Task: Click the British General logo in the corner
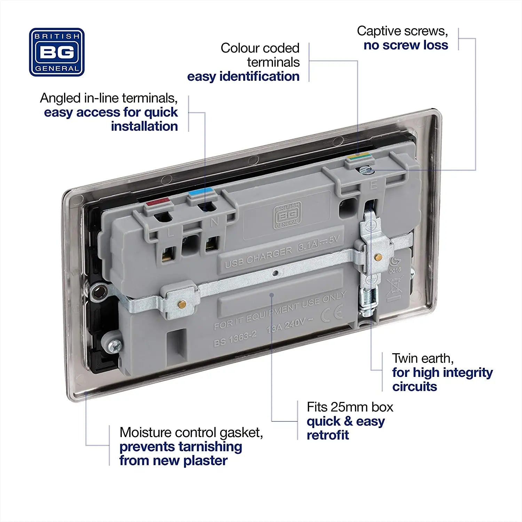coord(57,52)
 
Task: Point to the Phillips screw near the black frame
coord(114,345)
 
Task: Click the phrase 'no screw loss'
coord(406,45)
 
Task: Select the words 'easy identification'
coord(243,77)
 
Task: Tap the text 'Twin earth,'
coord(422,358)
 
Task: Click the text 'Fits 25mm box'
coord(350,407)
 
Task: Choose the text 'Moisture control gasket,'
coord(191,433)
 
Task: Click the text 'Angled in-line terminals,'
coord(109,98)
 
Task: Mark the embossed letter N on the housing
coord(214,221)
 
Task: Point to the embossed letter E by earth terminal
coord(373,185)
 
